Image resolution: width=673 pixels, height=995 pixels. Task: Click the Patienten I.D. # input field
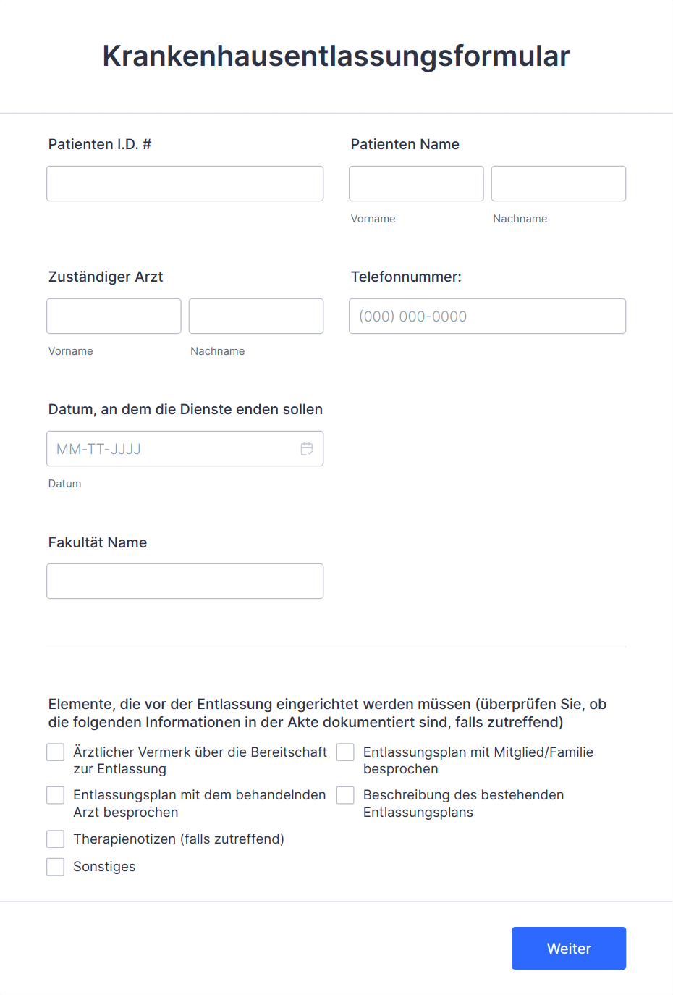pyautogui.click(x=185, y=183)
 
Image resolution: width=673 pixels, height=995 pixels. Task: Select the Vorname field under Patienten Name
pyautogui.click(x=416, y=183)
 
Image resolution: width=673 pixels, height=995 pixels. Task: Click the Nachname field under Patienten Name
pyautogui.click(x=558, y=183)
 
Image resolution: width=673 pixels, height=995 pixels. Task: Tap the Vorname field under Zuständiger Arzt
pyautogui.click(x=114, y=316)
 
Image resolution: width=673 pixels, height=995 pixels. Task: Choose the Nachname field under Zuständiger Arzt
pyautogui.click(x=255, y=316)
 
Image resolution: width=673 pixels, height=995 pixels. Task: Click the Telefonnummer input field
pyautogui.click(x=487, y=316)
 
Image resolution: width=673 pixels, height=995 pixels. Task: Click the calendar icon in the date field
pyautogui.click(x=307, y=449)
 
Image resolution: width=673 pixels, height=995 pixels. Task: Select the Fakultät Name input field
pyautogui.click(x=185, y=581)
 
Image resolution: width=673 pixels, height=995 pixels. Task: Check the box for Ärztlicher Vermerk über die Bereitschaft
pyautogui.click(x=56, y=752)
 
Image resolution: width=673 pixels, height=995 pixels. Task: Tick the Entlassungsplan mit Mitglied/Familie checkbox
pyautogui.click(x=346, y=752)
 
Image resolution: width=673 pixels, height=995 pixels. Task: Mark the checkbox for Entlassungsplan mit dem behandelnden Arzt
pyautogui.click(x=56, y=795)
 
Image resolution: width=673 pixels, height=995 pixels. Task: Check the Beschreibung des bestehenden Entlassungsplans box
pyautogui.click(x=346, y=795)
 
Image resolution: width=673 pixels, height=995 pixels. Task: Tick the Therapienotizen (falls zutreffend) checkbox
pyautogui.click(x=56, y=839)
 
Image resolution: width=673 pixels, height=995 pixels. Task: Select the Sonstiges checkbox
pyautogui.click(x=56, y=867)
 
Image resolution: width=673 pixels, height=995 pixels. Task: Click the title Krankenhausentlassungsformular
pyautogui.click(x=336, y=56)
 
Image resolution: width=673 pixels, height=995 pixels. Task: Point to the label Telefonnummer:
pyautogui.click(x=406, y=277)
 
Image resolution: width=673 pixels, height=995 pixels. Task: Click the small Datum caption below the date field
pyautogui.click(x=64, y=484)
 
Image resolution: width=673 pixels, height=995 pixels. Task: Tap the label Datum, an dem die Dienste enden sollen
pyautogui.click(x=185, y=409)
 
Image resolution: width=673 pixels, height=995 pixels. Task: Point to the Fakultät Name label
pyautogui.click(x=98, y=542)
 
